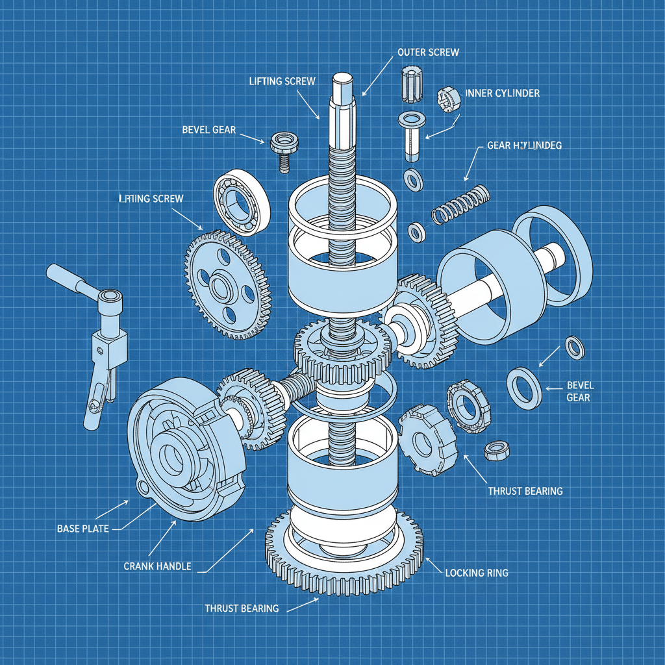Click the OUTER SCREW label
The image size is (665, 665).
[x=428, y=52]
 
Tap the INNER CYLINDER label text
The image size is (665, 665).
[x=502, y=94]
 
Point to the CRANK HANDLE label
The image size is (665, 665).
[x=157, y=566]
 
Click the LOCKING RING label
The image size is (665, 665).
[x=477, y=573]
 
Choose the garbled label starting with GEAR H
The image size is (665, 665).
[x=524, y=146]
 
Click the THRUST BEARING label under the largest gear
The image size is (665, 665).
[x=242, y=609]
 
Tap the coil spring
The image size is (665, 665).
[x=460, y=203]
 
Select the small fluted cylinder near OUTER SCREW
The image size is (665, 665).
[x=409, y=84]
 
